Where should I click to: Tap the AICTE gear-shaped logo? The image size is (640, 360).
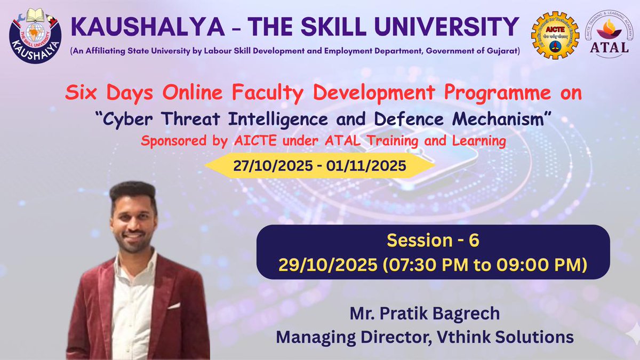coord(554,35)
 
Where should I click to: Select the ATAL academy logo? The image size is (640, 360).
coord(609,34)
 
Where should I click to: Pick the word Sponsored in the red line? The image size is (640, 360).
coord(169,141)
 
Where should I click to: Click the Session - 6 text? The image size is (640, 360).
coord(433,241)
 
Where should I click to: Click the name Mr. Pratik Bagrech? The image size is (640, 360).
coord(425,314)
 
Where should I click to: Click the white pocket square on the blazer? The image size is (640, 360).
coord(174,306)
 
